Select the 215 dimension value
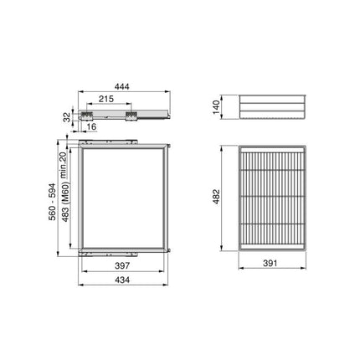105,100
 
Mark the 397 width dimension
121,265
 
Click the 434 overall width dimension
122,280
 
